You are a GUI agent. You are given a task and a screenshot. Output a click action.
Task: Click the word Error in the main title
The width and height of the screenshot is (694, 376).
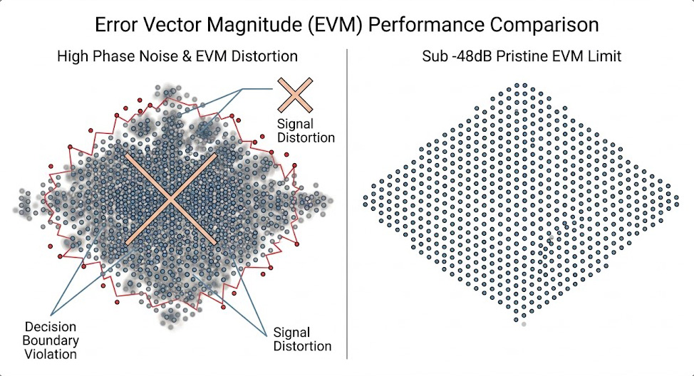click(116, 25)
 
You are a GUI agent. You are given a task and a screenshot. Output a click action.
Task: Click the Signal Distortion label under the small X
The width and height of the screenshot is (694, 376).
click(306, 131)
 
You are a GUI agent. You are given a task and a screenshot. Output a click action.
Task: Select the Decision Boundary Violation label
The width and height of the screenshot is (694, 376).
click(50, 339)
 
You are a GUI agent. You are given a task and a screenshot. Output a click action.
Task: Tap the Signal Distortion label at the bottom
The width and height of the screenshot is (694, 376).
click(302, 339)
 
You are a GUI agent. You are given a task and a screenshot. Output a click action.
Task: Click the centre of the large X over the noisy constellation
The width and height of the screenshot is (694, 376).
click(168, 200)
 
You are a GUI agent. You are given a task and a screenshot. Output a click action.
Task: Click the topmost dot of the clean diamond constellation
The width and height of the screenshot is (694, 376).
click(524, 86)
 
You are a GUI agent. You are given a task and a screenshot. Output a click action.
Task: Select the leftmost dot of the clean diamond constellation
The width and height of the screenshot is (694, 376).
click(366, 197)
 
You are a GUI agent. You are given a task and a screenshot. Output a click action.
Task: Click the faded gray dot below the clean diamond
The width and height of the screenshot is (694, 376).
click(524, 324)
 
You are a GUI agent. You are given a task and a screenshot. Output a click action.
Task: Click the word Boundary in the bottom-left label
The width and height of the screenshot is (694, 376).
click(50, 339)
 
